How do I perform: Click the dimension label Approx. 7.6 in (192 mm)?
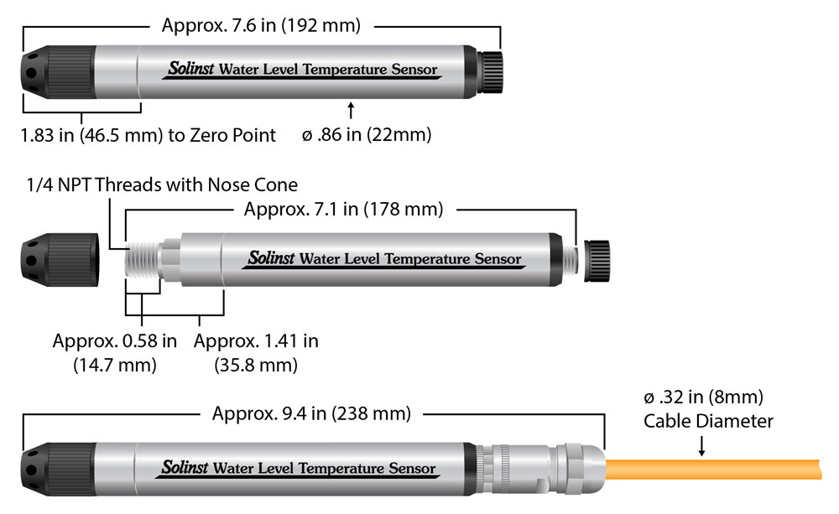261,25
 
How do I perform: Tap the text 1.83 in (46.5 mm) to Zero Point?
149,135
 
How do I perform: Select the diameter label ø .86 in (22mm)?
366,135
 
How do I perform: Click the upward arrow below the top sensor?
352,110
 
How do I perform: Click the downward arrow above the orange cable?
701,449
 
